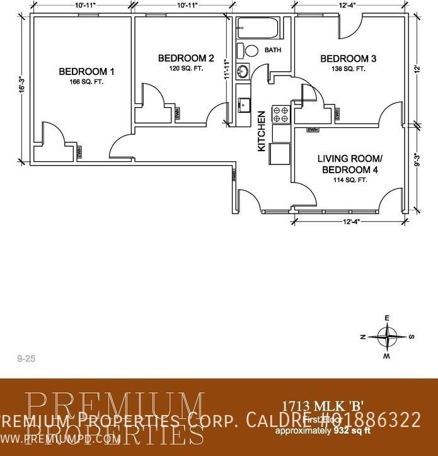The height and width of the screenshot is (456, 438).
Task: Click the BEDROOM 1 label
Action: click(86, 71)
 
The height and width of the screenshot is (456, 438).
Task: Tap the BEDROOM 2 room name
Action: click(186, 59)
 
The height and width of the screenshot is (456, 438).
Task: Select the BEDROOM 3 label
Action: click(349, 59)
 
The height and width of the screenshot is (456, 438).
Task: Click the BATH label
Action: click(273, 50)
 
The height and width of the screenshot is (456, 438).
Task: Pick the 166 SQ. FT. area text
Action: click(86, 81)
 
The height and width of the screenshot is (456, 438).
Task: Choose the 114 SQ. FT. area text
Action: click(350, 180)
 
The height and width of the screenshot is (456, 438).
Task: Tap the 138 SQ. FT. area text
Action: click(349, 69)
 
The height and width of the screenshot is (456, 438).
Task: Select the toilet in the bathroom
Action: click(248, 51)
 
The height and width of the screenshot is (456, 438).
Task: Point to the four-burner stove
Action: click(280, 113)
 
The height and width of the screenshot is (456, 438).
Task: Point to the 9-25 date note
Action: click(26, 358)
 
